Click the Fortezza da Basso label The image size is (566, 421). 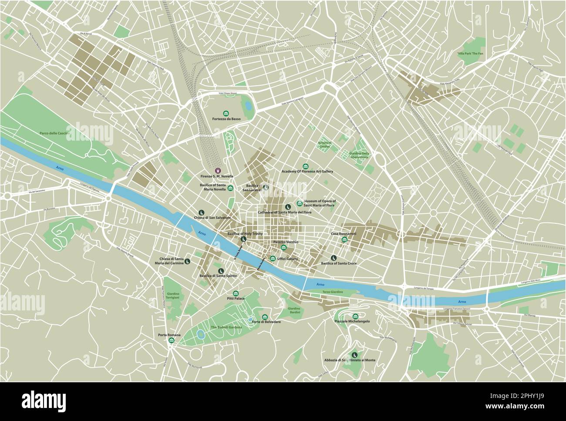coord(226,119)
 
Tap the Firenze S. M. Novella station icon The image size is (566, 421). coord(217,171)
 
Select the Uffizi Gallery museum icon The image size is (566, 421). coord(273,259)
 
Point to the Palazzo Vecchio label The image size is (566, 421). coord(285,242)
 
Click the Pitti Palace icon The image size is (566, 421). coord(236,293)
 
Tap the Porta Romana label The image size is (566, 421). coord(169,335)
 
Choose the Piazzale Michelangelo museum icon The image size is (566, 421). coord(355,316)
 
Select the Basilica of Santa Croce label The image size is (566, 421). coord(339,263)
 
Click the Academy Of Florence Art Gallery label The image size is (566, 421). coord(307,172)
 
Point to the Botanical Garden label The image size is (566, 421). coord(324,145)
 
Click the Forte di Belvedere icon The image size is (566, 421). coord(264,317)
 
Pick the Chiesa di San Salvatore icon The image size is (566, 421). coord(201,212)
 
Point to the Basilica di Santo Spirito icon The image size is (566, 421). coord(221,271)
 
